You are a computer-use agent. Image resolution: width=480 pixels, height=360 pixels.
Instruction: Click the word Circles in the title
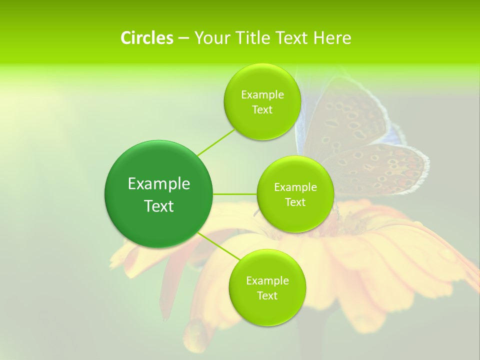click(x=147, y=38)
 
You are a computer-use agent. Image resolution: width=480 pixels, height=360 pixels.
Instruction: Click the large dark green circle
click(x=158, y=220)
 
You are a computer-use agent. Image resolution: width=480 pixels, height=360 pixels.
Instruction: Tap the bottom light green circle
click(x=267, y=310)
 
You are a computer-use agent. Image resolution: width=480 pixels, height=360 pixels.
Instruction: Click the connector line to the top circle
click(x=216, y=142)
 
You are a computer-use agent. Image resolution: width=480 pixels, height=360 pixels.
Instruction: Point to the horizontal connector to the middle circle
click(x=234, y=194)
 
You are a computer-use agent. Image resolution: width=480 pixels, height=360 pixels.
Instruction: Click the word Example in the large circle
click(x=158, y=184)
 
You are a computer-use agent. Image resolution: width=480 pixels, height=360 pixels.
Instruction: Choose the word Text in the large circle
click(x=158, y=206)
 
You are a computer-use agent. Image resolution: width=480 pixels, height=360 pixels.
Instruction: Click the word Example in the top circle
click(x=262, y=95)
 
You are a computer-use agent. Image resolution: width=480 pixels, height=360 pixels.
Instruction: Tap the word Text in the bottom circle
click(x=267, y=295)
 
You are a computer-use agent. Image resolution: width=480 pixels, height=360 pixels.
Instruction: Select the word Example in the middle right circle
click(x=295, y=187)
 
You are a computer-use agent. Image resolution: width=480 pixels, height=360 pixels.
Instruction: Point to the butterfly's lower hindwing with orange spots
click(x=380, y=167)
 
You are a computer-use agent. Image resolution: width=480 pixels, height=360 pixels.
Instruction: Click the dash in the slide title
click(x=183, y=38)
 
